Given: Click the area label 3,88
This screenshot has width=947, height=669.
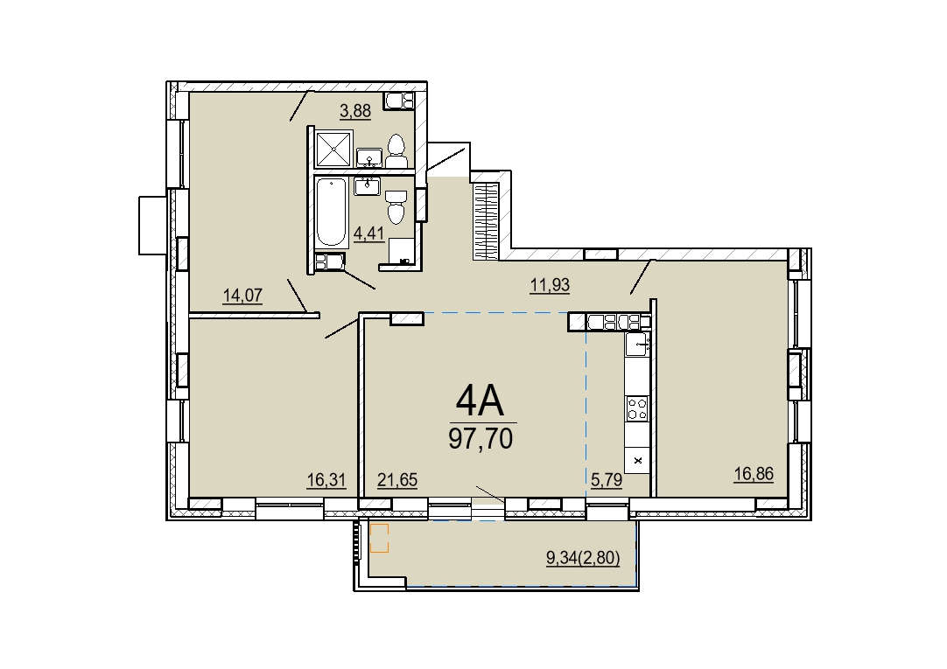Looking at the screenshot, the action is tap(355, 111).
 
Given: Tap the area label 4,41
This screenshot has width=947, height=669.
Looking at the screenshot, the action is tap(369, 233).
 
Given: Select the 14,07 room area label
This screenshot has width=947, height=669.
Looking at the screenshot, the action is tap(242, 296).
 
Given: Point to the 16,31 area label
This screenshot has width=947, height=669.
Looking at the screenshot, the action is tap(326, 480).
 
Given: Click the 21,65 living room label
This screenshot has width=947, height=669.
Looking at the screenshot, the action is tap(397, 480).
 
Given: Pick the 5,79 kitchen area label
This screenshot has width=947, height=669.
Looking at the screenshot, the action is tap(607, 481).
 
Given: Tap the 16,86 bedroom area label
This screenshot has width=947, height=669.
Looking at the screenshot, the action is tap(754, 474).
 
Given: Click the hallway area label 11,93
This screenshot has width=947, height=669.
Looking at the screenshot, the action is tap(550, 285).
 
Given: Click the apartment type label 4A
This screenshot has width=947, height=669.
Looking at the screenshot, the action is tap(481, 401).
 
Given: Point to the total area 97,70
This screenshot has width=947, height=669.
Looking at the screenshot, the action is tap(481, 438).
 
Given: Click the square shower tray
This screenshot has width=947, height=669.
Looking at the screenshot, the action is tap(334, 148).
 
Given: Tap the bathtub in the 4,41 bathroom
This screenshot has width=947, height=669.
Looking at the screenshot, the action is tap(330, 213).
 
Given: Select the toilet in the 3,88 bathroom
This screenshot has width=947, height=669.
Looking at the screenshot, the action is tap(396, 151).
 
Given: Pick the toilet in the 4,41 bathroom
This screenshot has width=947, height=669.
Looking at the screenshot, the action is tap(396, 207).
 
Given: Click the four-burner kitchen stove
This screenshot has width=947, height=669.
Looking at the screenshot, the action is tap(638, 408).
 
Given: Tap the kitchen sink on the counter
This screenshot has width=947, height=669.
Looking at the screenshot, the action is tap(638, 345).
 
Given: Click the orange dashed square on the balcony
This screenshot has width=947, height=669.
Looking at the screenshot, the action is tap(380, 538).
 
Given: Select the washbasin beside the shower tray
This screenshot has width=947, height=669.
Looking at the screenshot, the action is tap(369, 157).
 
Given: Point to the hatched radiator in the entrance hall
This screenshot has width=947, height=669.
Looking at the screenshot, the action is tap(485, 220).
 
